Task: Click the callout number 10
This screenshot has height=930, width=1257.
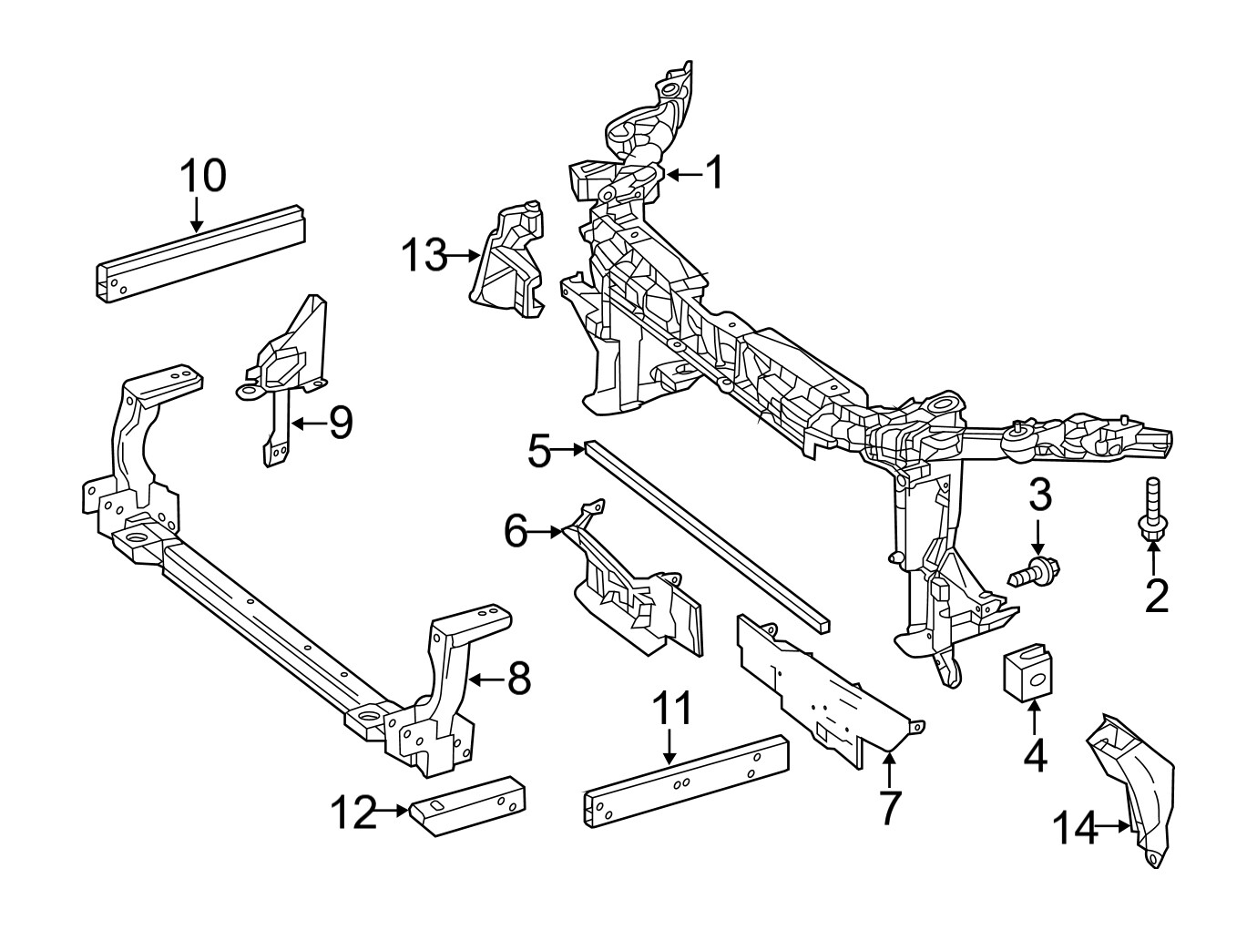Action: click(201, 176)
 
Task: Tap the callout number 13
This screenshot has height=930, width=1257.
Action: click(424, 256)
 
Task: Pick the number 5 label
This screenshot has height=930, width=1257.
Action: click(540, 450)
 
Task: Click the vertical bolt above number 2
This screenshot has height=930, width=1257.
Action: click(1152, 510)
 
